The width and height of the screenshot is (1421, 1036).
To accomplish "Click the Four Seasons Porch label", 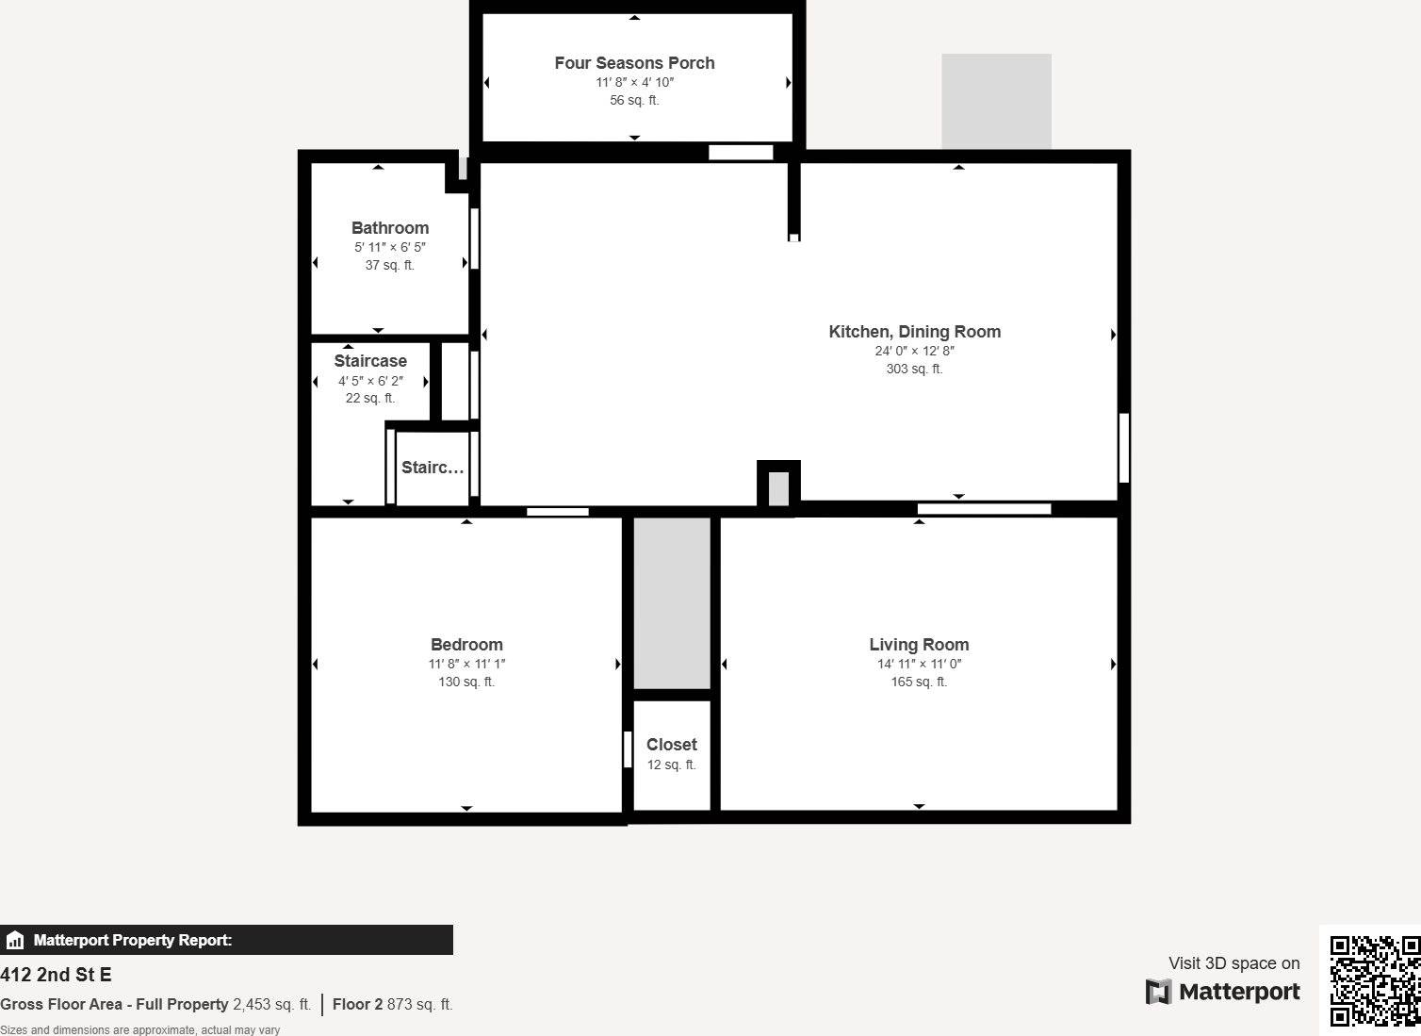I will coord(634,63).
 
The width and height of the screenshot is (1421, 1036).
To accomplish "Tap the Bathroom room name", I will coord(390,228).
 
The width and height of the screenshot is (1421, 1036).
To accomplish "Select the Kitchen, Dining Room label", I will coord(914,332).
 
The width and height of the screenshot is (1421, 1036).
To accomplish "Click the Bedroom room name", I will coord(466,645).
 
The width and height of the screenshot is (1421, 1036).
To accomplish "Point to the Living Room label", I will coord(919,645).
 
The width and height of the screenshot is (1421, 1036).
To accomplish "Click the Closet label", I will coord(671,745).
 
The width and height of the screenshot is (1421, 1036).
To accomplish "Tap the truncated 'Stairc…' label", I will coord(433,468).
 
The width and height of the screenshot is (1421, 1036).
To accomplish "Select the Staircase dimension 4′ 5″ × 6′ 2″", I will coord(370,381).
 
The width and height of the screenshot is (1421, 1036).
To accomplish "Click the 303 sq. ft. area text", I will coord(914,369).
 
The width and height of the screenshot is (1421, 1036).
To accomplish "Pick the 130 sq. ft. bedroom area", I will coord(466,682).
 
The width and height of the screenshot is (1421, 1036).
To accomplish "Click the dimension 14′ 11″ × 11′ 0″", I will coord(919,664).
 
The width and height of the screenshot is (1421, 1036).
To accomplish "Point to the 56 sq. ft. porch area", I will coord(634,100).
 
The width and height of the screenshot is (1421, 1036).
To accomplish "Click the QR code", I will coord(1374,980).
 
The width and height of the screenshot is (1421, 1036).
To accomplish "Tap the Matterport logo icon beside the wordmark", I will coord(1158,992).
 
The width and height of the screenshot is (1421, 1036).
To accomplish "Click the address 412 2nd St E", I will coord(56,975).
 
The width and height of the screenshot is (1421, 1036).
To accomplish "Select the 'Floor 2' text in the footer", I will coord(357,1004).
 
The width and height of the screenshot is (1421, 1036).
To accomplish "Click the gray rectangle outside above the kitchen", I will coord(996,101).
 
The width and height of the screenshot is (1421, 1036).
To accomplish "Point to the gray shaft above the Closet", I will coord(672,603).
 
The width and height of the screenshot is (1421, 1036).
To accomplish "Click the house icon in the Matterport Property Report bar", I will coord(15,940).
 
